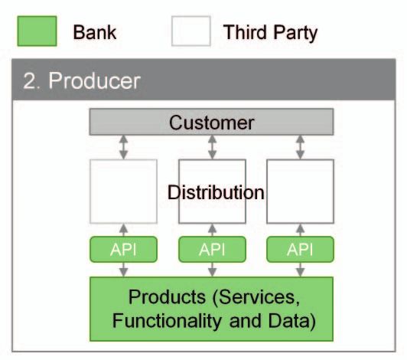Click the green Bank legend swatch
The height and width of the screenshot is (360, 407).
[37, 31]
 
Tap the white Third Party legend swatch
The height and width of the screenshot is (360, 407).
[191, 31]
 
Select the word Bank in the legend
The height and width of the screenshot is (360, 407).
[95, 32]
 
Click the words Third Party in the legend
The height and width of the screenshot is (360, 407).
[271, 33]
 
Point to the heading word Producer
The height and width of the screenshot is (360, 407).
[95, 81]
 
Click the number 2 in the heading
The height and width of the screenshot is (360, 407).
[29, 81]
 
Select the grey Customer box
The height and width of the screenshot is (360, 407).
[211, 122]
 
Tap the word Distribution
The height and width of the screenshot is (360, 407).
[216, 192]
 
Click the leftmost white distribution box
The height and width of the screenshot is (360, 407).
[124, 191]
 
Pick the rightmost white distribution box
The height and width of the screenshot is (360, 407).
[301, 191]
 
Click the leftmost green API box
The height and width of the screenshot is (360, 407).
[124, 249]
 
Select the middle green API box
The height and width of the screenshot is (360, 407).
[213, 249]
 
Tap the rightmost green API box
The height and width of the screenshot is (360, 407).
[301, 249]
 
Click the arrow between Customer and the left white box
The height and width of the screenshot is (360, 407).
[124, 147]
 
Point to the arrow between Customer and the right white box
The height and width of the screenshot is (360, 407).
[301, 147]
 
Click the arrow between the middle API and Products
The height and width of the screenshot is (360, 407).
[213, 270]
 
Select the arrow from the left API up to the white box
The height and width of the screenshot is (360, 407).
[124, 230]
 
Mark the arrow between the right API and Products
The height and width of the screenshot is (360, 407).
[301, 270]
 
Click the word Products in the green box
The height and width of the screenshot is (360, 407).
[167, 297]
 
